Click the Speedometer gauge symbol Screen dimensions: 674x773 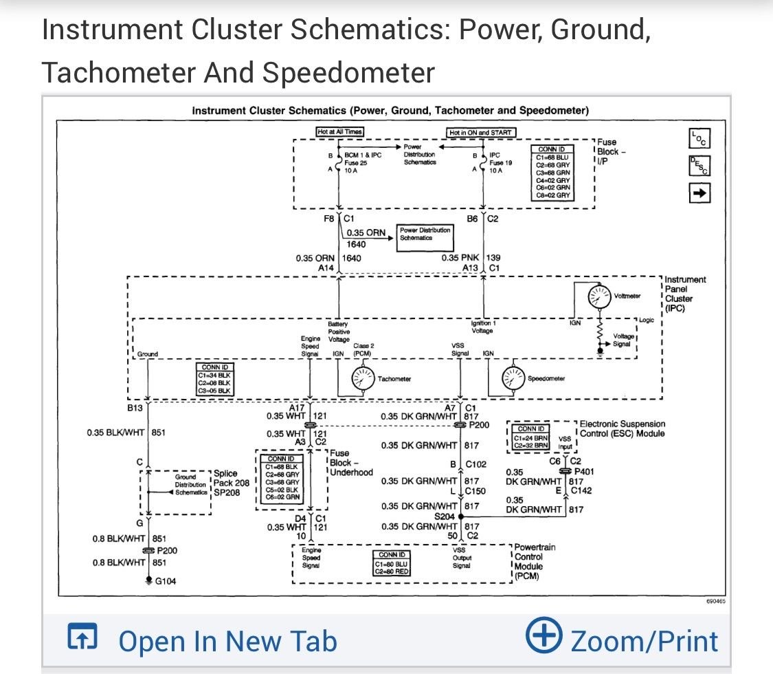pos(512,378)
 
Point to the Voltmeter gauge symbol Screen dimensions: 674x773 pos(599,296)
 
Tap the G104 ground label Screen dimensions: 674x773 pos(165,581)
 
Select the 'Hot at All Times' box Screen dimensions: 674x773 pos(339,131)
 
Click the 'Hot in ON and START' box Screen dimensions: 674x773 pos(481,132)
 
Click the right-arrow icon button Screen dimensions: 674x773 pos(699,193)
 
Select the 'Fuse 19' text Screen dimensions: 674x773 pos(501,162)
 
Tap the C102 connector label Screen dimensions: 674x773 pos(476,464)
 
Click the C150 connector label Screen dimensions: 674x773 pos(476,491)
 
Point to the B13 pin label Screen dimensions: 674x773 pos(135,408)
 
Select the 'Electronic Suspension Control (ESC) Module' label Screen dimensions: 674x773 pos(623,428)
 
